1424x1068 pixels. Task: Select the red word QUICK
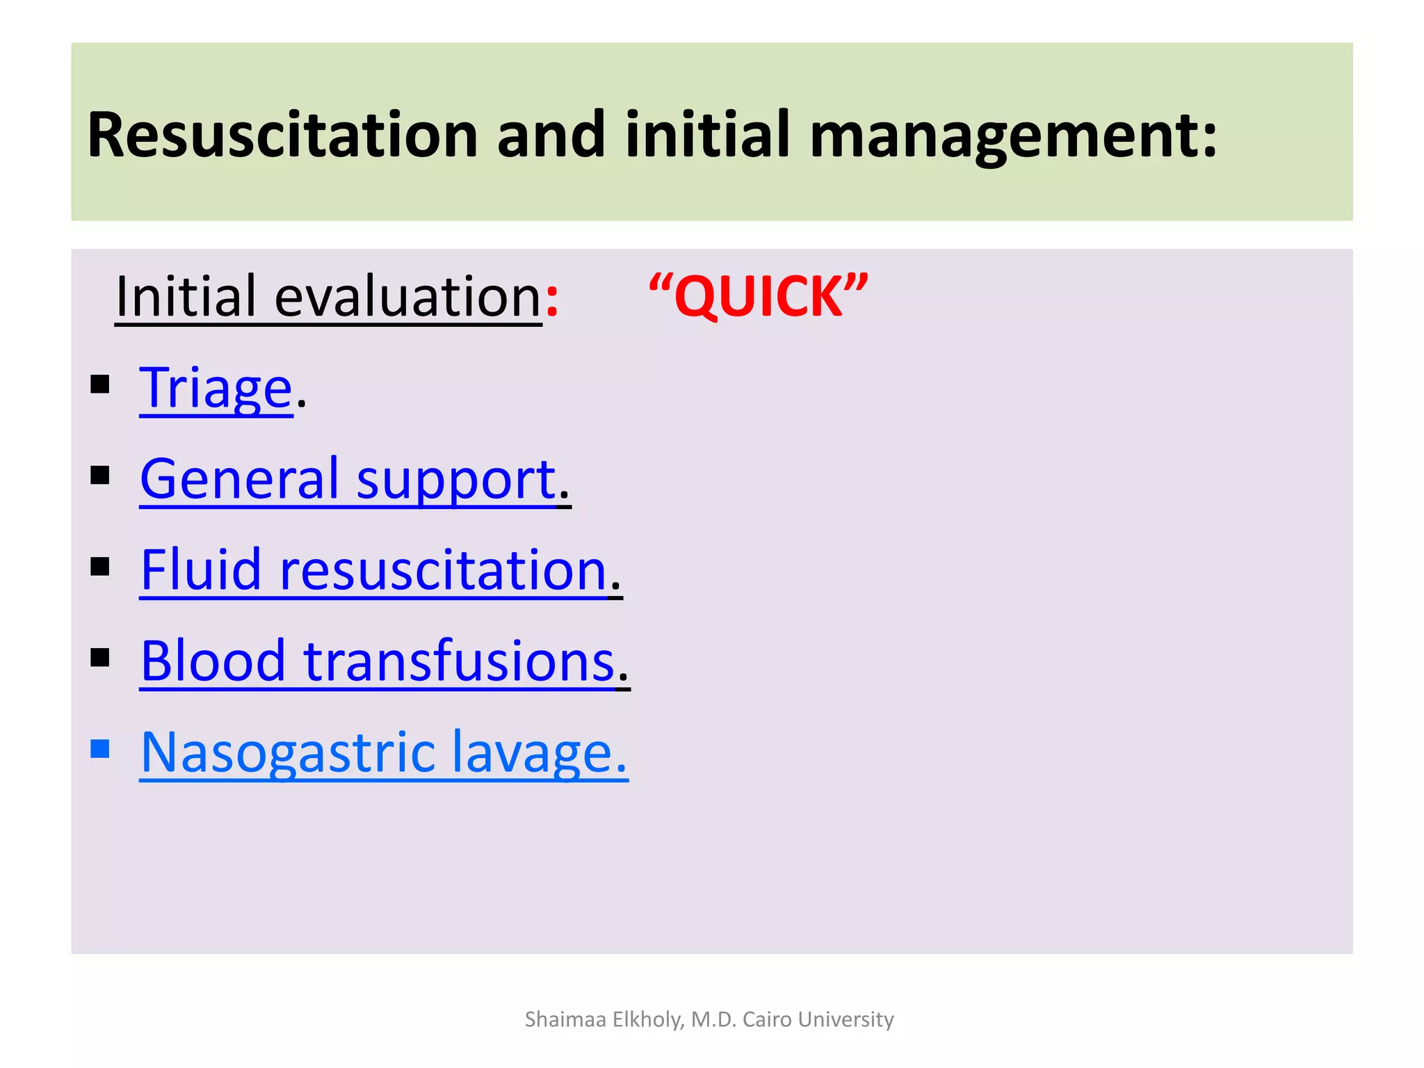[x=759, y=297]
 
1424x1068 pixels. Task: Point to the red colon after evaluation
[x=551, y=299]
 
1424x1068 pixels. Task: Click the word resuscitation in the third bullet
[x=443, y=569]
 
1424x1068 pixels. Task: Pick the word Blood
[x=213, y=661]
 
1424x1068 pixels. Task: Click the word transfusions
[x=459, y=661]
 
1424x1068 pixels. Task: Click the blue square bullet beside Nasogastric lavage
[x=100, y=749]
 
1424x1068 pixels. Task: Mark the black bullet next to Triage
[x=100, y=385]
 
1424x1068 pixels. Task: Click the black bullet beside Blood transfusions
[x=100, y=658]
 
